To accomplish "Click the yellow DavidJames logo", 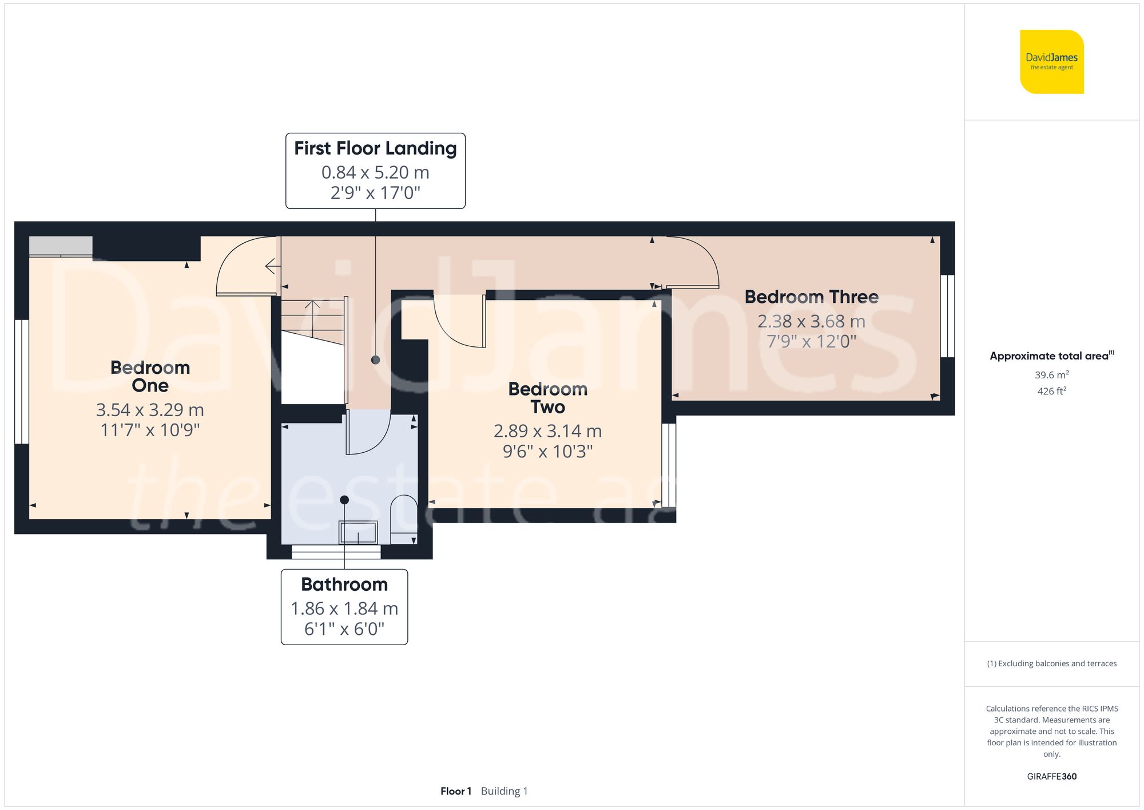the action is [1051, 62].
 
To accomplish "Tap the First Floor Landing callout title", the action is [375, 148].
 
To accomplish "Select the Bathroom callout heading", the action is [344, 584].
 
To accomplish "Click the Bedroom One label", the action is [150, 376].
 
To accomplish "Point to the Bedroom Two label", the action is [548, 398].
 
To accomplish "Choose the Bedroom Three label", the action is [811, 297].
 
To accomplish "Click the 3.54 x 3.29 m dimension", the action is [150, 410].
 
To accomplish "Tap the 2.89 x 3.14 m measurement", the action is [548, 431].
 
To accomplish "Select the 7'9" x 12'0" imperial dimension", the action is [811, 342].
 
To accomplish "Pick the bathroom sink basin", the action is [358, 532].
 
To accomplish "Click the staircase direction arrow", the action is [312, 318].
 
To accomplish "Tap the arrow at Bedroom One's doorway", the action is [273, 266].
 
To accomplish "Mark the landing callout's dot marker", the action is [375, 360].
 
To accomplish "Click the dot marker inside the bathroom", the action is [344, 500].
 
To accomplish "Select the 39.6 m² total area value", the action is [1051, 375].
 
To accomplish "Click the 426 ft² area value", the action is [1051, 391].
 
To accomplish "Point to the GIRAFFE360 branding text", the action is [1051, 777].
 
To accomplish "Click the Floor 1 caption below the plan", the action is [456, 791].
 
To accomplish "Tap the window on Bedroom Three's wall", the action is [948, 316].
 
